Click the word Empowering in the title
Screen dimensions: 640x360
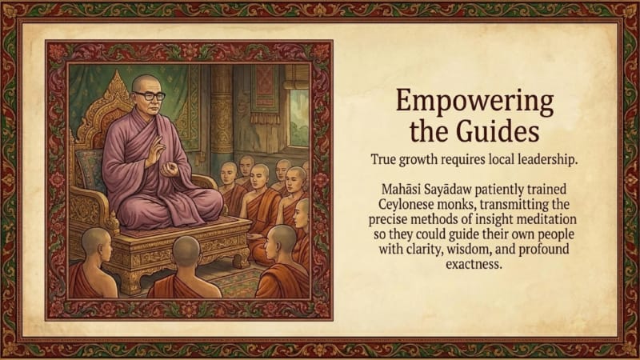(x=474, y=102)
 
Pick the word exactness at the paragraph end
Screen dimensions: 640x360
(x=474, y=264)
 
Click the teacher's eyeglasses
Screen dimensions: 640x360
(x=149, y=96)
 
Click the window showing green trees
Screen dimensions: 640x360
(x=298, y=118)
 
